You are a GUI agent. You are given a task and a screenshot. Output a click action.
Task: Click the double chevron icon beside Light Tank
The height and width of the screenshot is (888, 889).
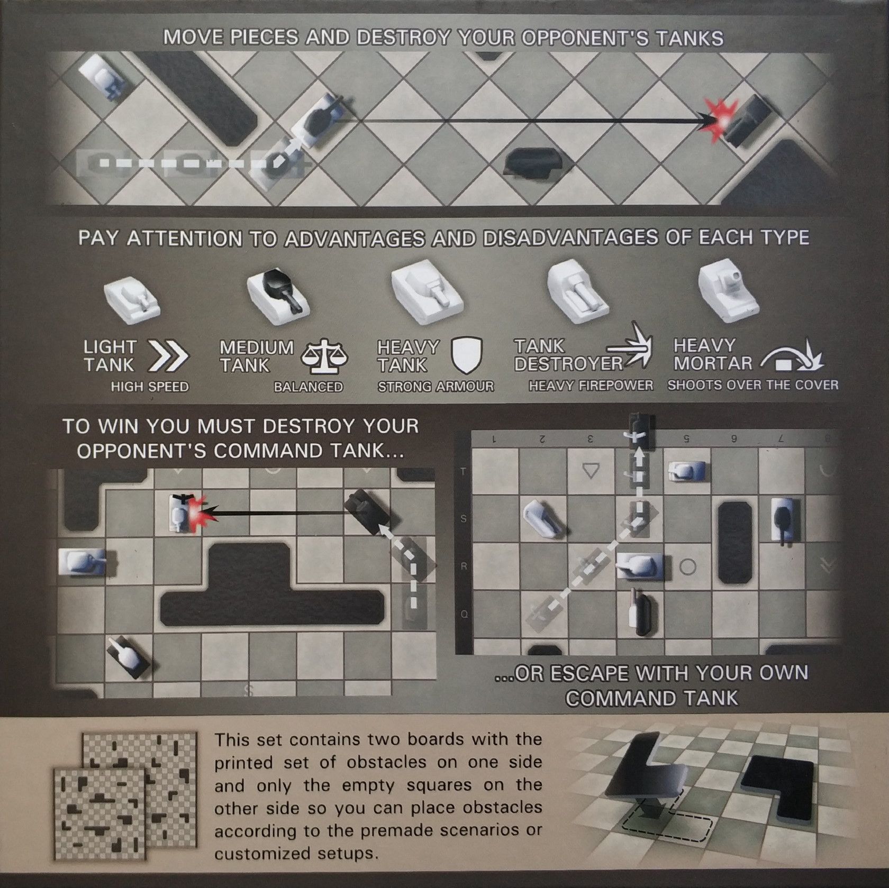(168, 356)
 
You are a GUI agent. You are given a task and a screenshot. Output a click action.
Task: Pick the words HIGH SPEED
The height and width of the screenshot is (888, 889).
(150, 387)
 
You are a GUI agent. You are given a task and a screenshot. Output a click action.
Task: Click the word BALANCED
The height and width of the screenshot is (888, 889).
(309, 387)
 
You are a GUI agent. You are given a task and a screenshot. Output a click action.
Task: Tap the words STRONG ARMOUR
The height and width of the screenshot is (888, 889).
(436, 387)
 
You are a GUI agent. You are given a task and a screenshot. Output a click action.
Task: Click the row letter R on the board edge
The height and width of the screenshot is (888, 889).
(464, 566)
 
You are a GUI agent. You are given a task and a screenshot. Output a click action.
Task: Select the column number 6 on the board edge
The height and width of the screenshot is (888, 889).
(733, 438)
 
